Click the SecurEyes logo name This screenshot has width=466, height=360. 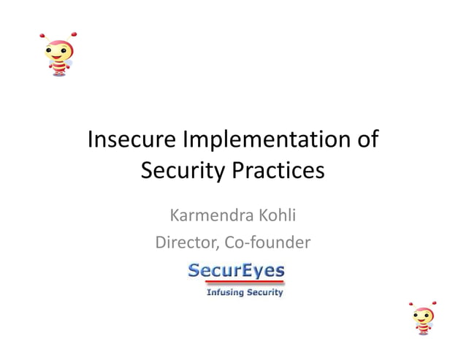[x=236, y=271]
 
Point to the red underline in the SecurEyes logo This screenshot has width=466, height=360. [x=236, y=283]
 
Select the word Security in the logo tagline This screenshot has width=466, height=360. [x=261, y=293]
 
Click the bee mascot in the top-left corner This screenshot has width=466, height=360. [x=58, y=54]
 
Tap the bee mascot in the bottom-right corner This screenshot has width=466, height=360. [x=423, y=318]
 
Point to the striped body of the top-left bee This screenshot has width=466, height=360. [x=59, y=68]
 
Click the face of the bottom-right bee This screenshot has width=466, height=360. [x=423, y=315]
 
